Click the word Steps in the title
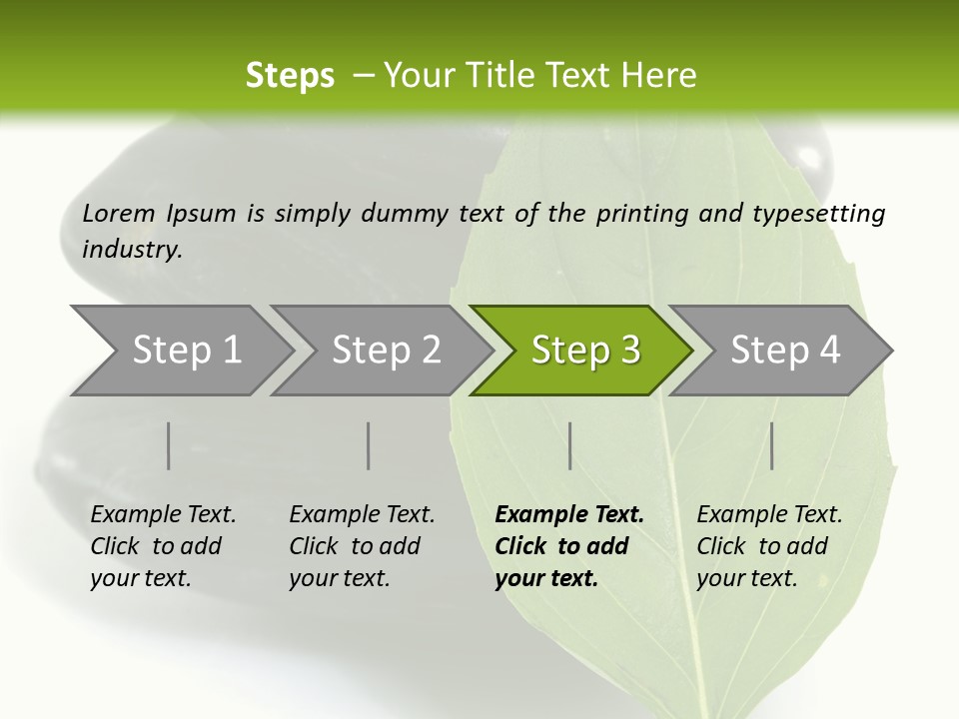point(290,76)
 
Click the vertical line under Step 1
point(169,445)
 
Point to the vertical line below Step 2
point(369,445)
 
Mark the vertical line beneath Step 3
point(569,445)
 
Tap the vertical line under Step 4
point(772,445)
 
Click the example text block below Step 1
point(163,546)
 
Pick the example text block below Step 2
point(362,546)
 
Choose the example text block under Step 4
point(769,546)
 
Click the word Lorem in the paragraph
point(119,213)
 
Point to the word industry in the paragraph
point(132,249)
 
